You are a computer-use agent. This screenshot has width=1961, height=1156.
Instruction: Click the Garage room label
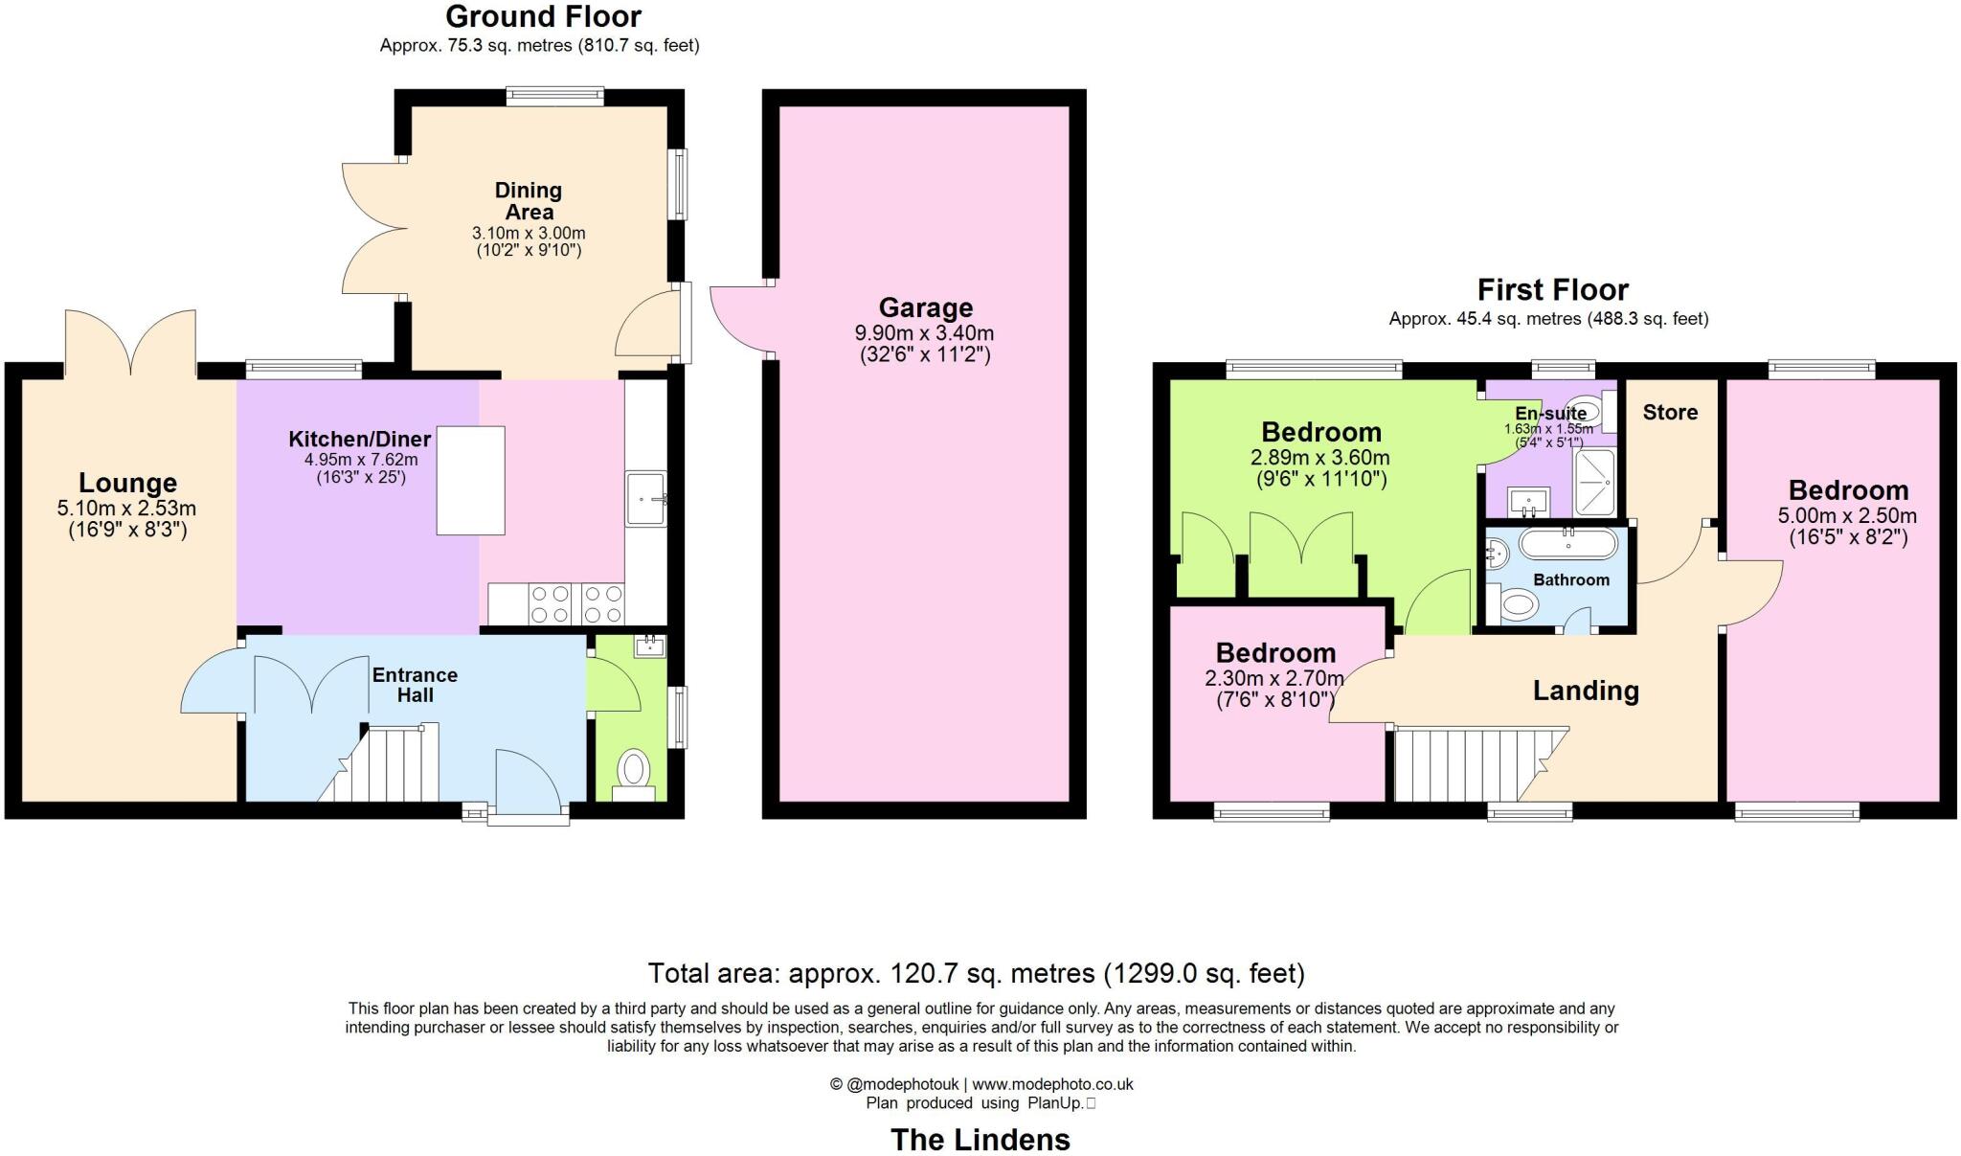925,307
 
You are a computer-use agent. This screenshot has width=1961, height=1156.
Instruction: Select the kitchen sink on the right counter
645,499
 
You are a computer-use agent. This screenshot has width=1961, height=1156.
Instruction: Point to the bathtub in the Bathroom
1568,545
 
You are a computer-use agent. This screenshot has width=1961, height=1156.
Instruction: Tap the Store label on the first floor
1670,413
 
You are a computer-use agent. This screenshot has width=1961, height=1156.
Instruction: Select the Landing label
1586,691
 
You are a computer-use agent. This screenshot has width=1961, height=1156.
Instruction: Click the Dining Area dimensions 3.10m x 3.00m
529,233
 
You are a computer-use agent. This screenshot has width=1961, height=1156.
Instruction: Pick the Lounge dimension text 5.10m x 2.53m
127,508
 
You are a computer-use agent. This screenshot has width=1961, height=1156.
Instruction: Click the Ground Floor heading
543,16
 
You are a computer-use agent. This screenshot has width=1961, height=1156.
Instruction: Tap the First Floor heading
1552,289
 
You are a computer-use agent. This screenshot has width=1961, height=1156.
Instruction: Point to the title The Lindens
980,1140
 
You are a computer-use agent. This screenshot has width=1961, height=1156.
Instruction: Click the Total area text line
976,974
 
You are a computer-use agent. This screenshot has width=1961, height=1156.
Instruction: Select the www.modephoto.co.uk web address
1052,1084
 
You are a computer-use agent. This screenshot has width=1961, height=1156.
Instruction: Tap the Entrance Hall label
415,685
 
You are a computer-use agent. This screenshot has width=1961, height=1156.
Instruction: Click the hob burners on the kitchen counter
577,604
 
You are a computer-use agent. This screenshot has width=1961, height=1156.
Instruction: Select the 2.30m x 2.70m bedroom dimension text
1274,679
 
